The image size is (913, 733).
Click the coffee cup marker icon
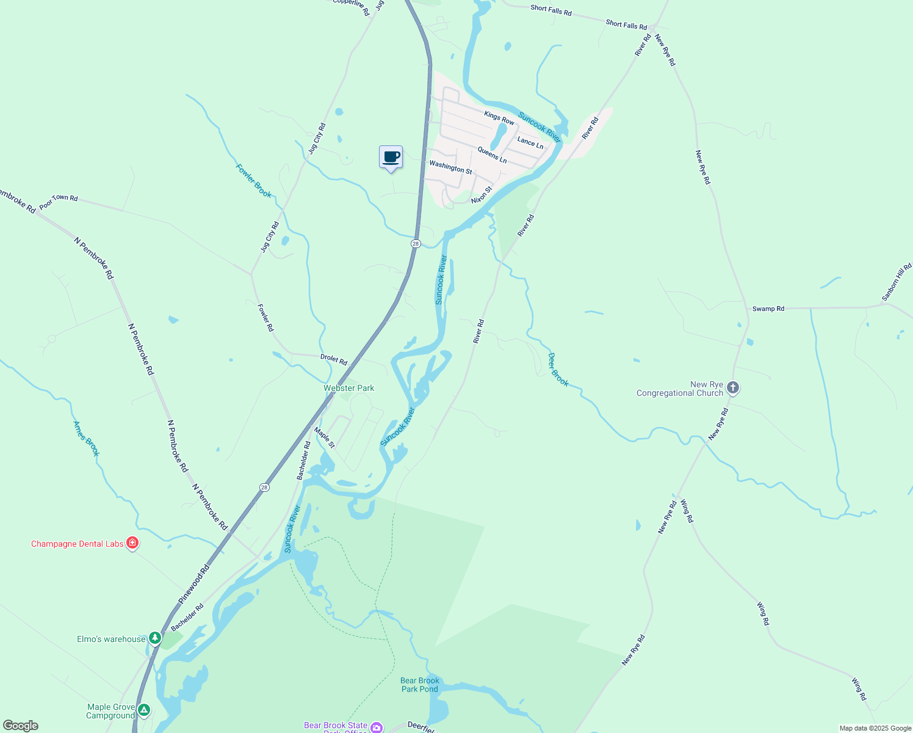391,158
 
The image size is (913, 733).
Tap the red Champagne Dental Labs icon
132,543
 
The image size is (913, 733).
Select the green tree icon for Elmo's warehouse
155,638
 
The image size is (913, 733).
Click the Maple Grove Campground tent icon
143,710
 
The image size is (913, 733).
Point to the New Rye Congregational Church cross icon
733,388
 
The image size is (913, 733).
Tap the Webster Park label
348,388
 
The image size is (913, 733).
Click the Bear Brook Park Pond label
420,685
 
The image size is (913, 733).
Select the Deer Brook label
558,370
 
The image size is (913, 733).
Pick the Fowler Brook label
254,181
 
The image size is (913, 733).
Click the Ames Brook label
86,439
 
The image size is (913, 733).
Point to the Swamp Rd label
768,308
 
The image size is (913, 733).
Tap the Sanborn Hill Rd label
897,282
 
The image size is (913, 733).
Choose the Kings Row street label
499,117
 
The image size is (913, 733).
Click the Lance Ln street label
530,143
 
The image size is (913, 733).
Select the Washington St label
450,167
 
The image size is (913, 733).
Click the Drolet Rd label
334,359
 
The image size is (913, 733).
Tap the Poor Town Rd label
59,202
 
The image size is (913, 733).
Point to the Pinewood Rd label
193,585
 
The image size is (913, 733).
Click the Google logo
21,726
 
